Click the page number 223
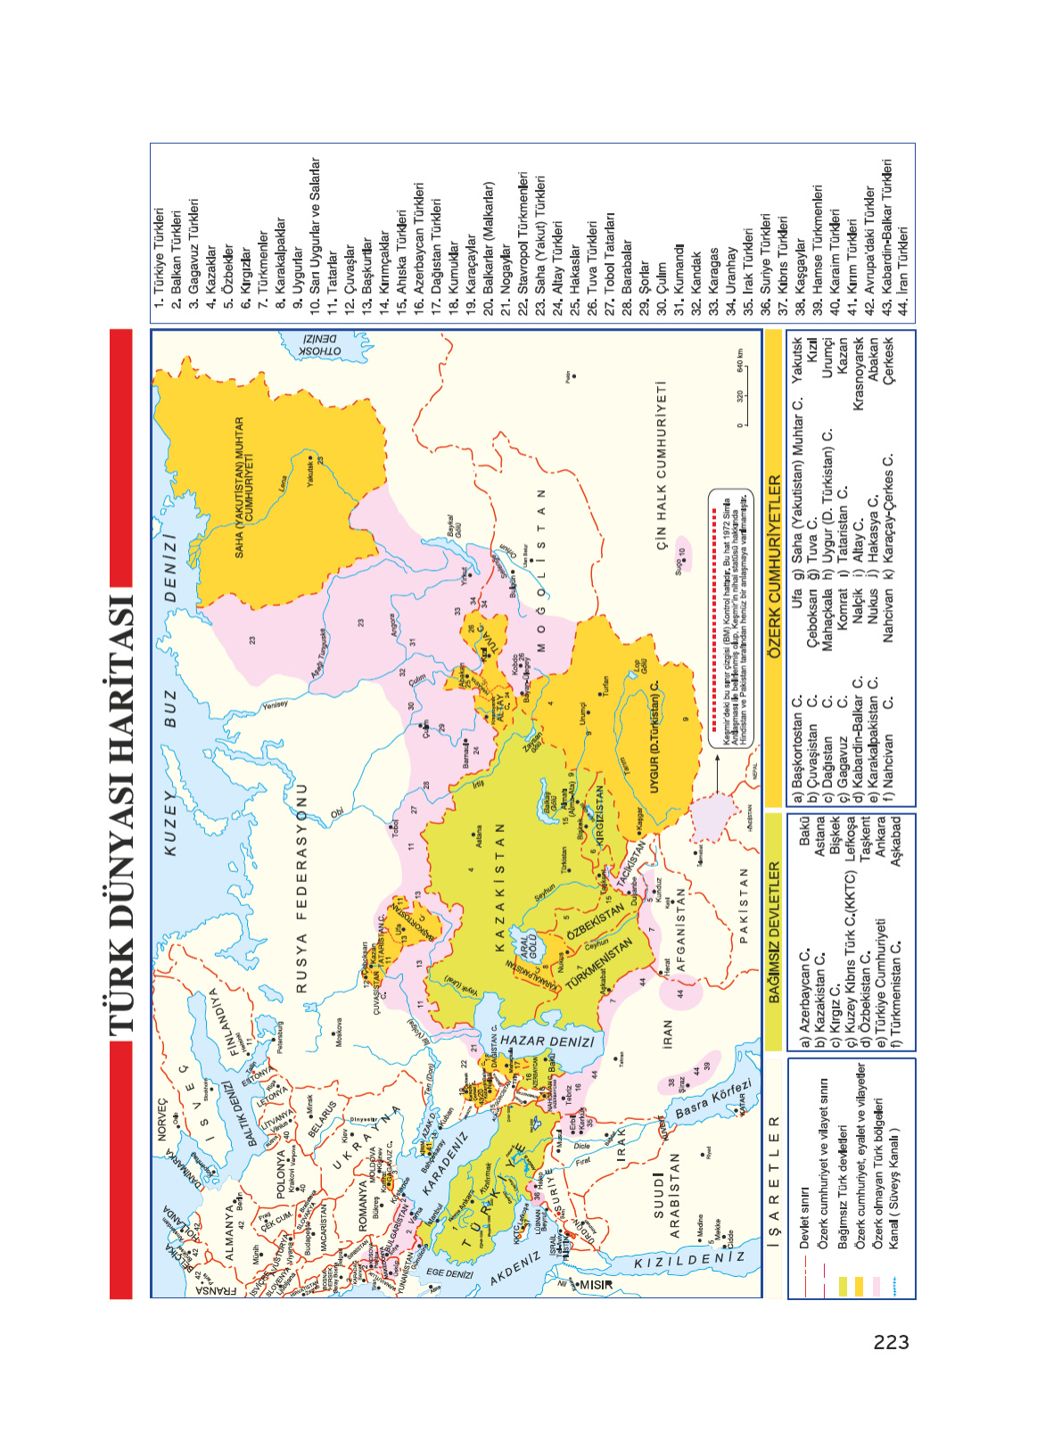coord(891,1342)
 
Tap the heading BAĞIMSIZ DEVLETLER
coord(774,931)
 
